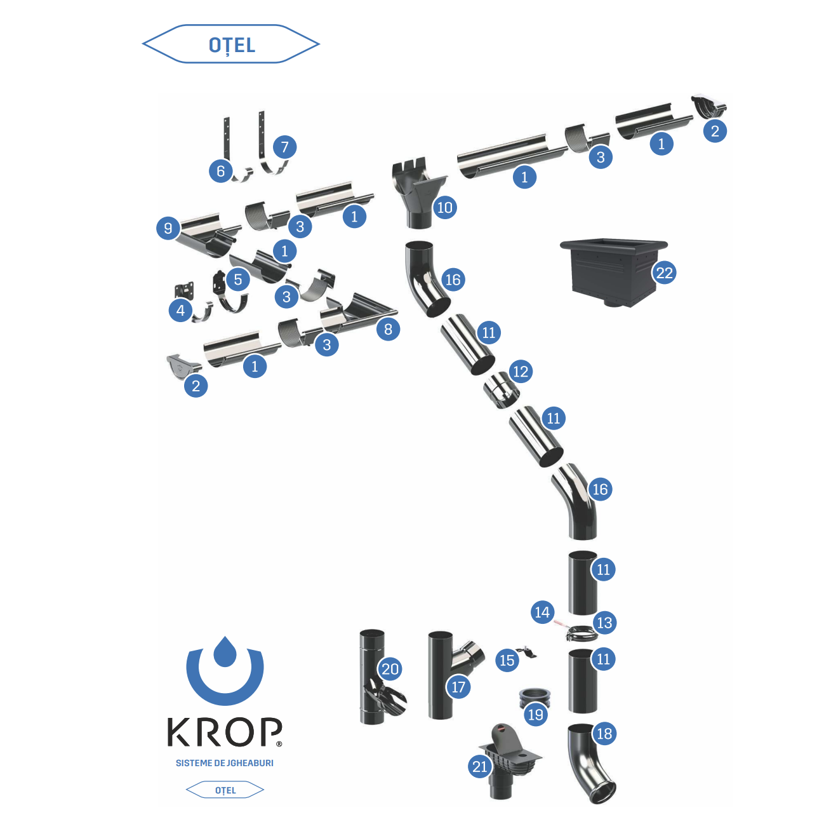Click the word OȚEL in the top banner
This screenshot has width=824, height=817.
tap(232, 45)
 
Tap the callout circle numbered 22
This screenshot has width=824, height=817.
tap(664, 273)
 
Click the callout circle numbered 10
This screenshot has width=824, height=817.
tap(444, 207)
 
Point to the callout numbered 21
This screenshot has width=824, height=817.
tap(480, 767)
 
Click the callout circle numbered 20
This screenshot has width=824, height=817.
tap(390, 669)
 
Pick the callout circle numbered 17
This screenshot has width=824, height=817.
tap(458, 687)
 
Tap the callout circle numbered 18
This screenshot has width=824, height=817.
tap(604, 734)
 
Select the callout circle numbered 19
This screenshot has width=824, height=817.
tap(536, 714)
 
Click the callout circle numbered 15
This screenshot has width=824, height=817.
tap(507, 661)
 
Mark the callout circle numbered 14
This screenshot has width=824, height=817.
tap(542, 612)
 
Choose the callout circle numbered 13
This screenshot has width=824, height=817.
tap(604, 623)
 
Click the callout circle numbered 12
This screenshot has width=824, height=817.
tap(520, 372)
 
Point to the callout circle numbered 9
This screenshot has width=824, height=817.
tap(168, 228)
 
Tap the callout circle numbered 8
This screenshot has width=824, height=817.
tap(388, 329)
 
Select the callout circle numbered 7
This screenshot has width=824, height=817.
tap(284, 147)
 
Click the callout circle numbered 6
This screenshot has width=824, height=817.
tap(220, 171)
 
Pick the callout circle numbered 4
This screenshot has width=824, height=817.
tap(181, 311)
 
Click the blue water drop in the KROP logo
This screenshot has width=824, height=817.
tap(224, 652)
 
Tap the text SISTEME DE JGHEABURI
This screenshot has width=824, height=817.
tap(224, 763)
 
